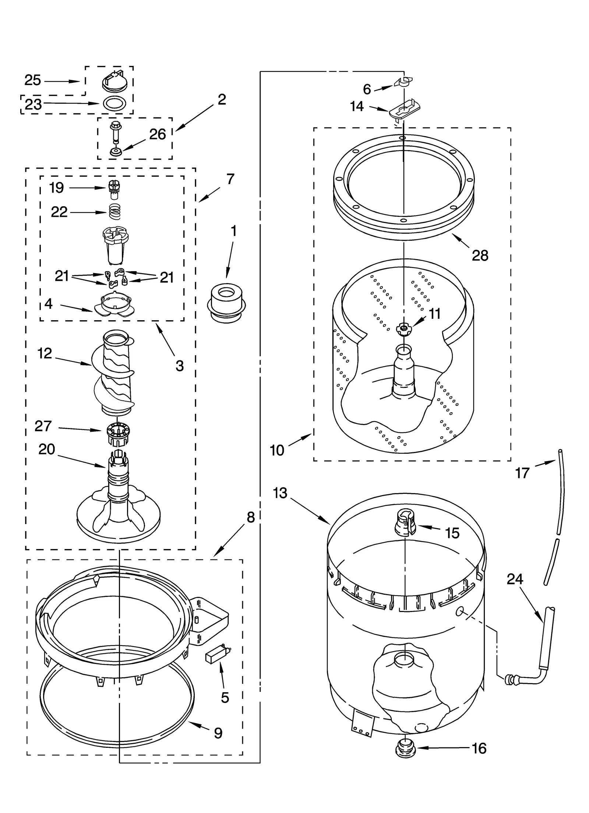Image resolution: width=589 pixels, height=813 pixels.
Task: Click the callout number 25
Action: [x=32, y=80]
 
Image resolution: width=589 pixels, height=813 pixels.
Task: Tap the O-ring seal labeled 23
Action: [x=113, y=104]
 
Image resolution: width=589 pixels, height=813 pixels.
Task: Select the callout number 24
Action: [x=514, y=579]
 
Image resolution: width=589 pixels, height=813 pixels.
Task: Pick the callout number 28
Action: [x=480, y=255]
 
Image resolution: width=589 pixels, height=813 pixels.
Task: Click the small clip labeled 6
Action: [x=404, y=82]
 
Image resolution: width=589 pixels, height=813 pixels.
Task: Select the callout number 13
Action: [x=280, y=493]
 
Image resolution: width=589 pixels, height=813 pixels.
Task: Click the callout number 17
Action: [x=522, y=473]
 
